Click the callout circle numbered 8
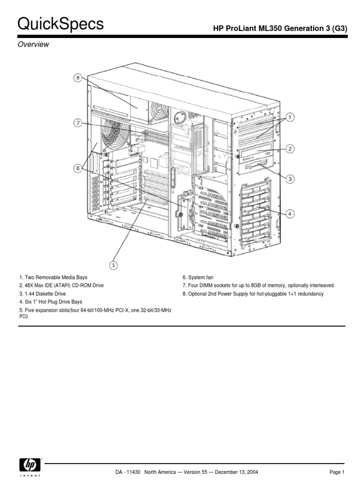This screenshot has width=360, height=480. click(78, 78)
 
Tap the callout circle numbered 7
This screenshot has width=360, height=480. click(78, 123)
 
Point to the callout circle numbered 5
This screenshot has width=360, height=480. click(113, 265)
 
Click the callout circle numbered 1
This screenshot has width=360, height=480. click(290, 117)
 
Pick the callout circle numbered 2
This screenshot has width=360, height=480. click(290, 149)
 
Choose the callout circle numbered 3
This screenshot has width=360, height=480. click(290, 179)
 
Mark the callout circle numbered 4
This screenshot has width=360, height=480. click(290, 214)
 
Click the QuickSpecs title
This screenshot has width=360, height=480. click(60, 24)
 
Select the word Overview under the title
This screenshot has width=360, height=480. click(33, 45)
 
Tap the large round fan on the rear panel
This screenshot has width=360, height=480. click(113, 135)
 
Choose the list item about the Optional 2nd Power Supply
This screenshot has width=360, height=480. click(253, 294)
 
